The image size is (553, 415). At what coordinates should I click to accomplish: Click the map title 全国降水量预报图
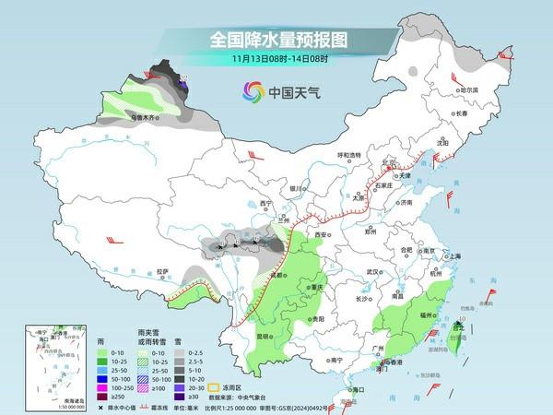click(x=276, y=40)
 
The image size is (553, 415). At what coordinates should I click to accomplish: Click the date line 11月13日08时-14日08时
click(x=276, y=60)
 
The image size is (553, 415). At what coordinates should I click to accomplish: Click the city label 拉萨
click(x=163, y=271)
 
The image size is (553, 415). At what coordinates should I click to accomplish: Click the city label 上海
click(x=454, y=255)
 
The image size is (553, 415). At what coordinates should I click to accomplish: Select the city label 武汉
click(x=372, y=272)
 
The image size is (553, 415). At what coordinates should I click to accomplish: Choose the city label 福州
click(x=426, y=315)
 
